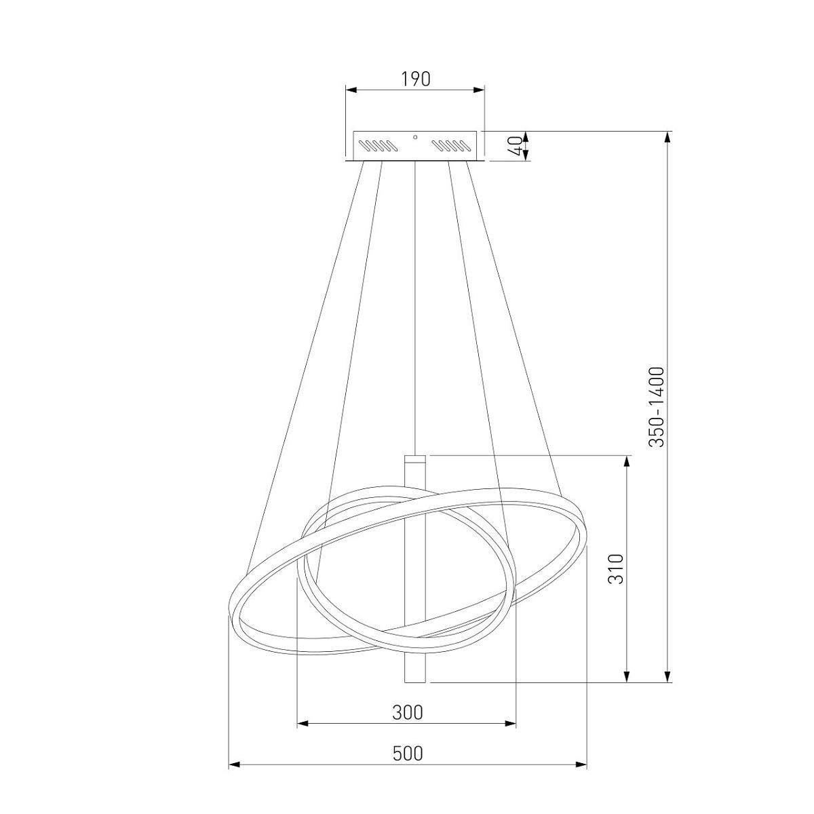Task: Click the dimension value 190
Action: coord(415,79)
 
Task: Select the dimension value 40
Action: coord(514,146)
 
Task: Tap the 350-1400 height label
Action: coord(657,407)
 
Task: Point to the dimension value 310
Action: coord(615,569)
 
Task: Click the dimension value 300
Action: coord(407,713)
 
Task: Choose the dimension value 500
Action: coord(408,753)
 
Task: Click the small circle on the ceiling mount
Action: coord(415,137)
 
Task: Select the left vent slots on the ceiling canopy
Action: coord(378,146)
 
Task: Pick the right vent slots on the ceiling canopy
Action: coord(452,146)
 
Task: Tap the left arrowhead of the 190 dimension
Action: coord(351,90)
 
